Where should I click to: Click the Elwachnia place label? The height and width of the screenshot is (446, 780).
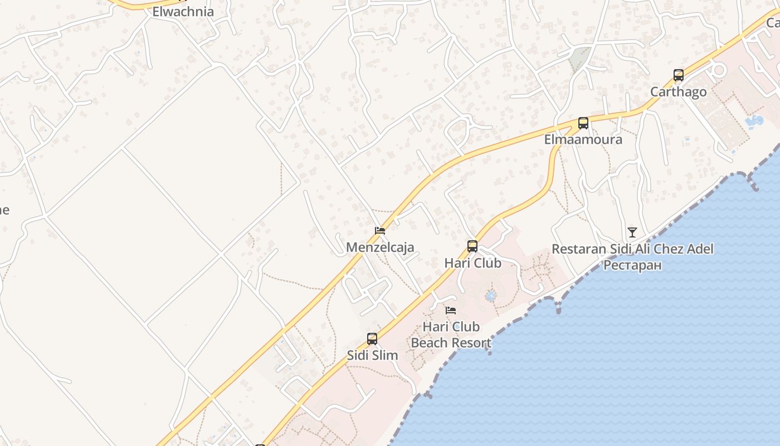[183, 11]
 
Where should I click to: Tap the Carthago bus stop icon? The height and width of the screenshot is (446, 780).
[678, 75]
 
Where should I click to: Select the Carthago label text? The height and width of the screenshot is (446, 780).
[678, 92]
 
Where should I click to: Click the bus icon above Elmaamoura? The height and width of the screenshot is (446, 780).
[583, 123]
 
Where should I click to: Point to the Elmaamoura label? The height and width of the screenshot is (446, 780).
[583, 139]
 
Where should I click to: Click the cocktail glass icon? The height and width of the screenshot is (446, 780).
[632, 232]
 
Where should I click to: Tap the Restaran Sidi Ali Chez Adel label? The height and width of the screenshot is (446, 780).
[632, 249]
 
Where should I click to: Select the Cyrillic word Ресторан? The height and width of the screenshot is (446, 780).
[632, 265]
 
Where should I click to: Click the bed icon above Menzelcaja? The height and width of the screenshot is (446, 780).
[380, 230]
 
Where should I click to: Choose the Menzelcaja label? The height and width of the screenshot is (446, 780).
[380, 247]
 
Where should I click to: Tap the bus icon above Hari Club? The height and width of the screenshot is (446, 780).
[472, 246]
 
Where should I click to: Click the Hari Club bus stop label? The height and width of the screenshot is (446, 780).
[472, 263]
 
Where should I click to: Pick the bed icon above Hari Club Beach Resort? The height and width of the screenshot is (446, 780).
[451, 310]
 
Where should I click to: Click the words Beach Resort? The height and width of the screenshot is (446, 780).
[451, 342]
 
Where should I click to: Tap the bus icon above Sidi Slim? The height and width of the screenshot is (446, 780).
[372, 338]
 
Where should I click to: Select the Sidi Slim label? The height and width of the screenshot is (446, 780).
[372, 355]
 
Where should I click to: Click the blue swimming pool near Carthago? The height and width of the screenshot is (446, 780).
[754, 120]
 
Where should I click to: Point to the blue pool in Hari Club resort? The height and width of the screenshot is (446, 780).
[491, 295]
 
